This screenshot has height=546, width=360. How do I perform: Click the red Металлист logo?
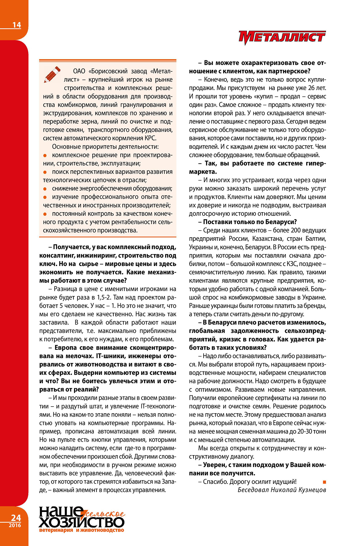click(x=282, y=37)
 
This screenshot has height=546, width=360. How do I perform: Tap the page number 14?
click(x=17, y=25)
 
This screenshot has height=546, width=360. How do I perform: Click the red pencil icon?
click(x=52, y=74)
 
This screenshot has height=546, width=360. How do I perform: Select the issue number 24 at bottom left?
click(x=16, y=518)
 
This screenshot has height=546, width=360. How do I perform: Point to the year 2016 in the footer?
click(x=15, y=525)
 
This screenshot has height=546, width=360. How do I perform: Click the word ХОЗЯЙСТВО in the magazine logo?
click(x=81, y=522)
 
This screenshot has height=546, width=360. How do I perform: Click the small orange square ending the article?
click(x=324, y=482)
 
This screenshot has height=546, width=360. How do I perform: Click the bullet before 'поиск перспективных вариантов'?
click(x=45, y=172)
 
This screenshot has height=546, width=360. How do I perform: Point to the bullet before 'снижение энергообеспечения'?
click(x=45, y=189)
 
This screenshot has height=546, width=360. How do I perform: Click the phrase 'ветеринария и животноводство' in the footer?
click(x=82, y=530)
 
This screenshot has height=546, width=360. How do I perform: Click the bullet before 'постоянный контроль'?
click(x=45, y=214)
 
